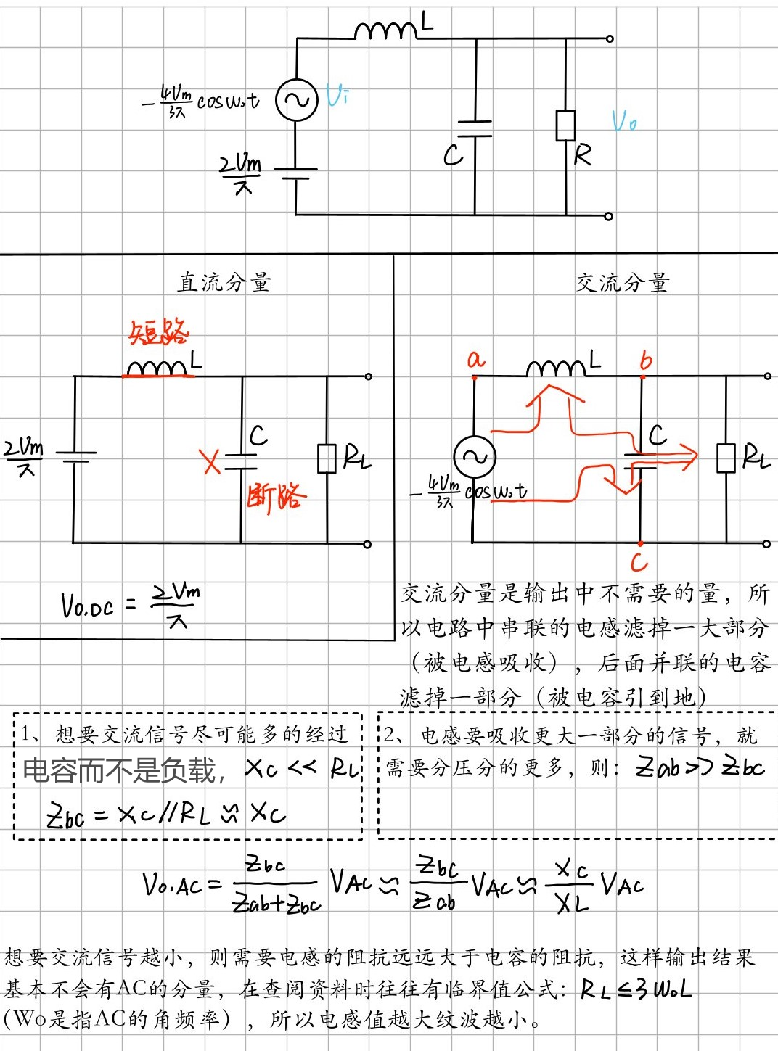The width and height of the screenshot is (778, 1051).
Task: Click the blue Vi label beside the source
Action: [x=337, y=95]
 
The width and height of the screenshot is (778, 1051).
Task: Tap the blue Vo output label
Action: [x=624, y=121]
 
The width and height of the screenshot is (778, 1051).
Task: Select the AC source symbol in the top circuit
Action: [x=297, y=100]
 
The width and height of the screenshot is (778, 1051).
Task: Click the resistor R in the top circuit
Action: [x=566, y=125]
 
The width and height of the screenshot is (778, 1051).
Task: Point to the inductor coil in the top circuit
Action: [x=385, y=30]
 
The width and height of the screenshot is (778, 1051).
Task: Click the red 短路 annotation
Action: [x=158, y=333]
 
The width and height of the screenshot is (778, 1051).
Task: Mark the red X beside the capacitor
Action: [x=210, y=461]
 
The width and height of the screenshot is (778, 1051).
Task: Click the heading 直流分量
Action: [x=224, y=282]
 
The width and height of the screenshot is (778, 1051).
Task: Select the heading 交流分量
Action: [x=622, y=282]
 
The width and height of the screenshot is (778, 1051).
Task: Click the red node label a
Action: [x=475, y=359]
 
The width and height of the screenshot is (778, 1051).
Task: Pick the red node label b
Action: [x=646, y=360]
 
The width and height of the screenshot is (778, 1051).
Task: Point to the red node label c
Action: [x=639, y=562]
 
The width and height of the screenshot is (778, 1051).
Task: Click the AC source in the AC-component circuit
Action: [x=475, y=457]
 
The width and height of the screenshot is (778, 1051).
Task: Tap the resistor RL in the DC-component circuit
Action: [x=327, y=458]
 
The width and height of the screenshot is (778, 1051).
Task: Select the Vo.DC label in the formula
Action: [x=88, y=606]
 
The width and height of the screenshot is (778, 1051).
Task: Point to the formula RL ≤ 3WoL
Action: [x=636, y=989]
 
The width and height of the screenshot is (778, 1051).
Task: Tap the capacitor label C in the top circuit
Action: [x=453, y=154]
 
